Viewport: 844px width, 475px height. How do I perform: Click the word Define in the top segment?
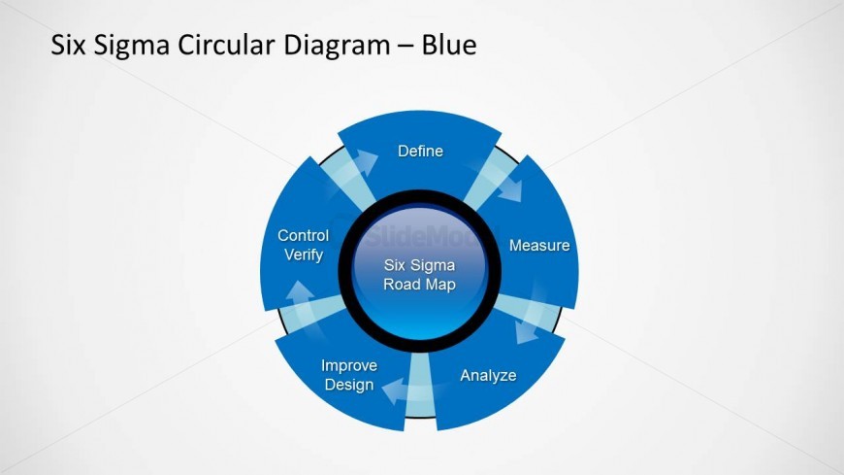(x=420, y=151)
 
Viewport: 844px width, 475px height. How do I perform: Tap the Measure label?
(x=539, y=246)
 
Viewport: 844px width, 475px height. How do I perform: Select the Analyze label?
(x=488, y=375)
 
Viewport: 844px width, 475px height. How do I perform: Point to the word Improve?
(x=349, y=366)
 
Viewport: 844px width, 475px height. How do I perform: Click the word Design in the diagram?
(x=349, y=385)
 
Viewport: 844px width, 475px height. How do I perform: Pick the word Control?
(x=303, y=236)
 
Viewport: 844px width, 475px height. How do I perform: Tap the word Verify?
(x=304, y=254)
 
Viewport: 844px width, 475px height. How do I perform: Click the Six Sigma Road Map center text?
(x=419, y=275)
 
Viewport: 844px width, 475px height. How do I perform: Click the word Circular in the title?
(x=230, y=45)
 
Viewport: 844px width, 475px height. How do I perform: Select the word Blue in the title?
(x=449, y=45)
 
